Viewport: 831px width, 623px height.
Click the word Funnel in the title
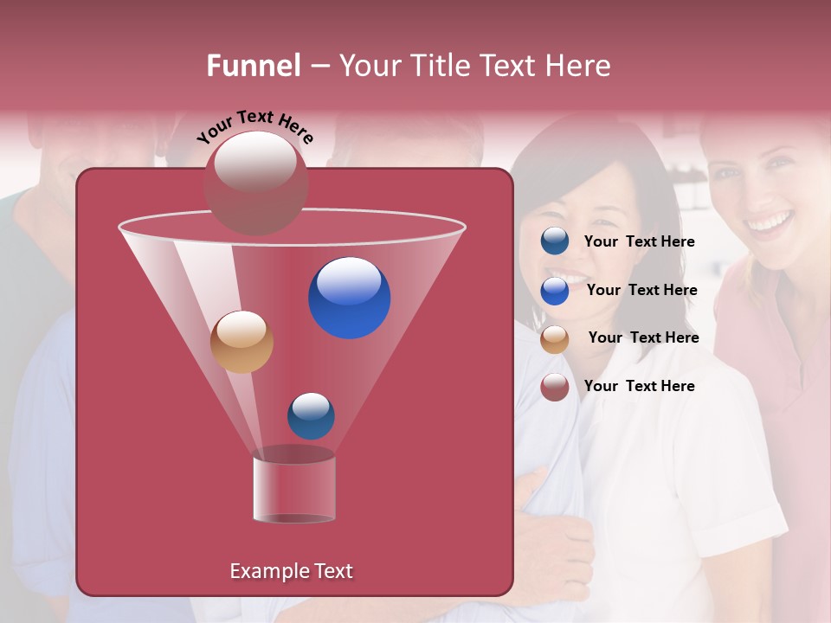pyautogui.click(x=254, y=66)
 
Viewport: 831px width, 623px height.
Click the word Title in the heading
pyautogui.click(x=440, y=66)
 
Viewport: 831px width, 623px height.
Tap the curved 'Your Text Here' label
pyautogui.click(x=254, y=127)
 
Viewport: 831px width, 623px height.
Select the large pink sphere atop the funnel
pyautogui.click(x=255, y=183)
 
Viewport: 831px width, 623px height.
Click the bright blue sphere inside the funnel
pyautogui.click(x=350, y=298)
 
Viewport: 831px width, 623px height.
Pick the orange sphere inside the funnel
pyautogui.click(x=242, y=342)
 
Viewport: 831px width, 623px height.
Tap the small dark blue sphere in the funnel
pyautogui.click(x=311, y=415)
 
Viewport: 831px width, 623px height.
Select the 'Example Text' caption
pyautogui.click(x=291, y=571)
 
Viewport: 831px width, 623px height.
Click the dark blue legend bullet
pyautogui.click(x=555, y=241)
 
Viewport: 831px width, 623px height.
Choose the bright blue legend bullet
pyautogui.click(x=555, y=291)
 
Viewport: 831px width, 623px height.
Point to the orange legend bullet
pyautogui.click(x=555, y=339)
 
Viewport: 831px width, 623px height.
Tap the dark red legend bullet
pyautogui.click(x=555, y=387)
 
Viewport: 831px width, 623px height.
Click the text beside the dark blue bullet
pyautogui.click(x=639, y=242)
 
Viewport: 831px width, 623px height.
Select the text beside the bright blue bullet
pyautogui.click(x=641, y=291)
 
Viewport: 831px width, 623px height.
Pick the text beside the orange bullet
pyautogui.click(x=643, y=338)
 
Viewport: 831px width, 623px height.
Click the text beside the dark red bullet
pyautogui.click(x=639, y=386)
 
